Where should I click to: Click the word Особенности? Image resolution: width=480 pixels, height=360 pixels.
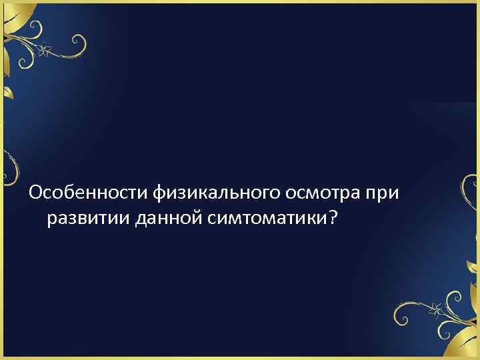(x=89, y=193)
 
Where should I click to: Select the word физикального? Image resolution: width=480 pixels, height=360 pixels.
(x=219, y=193)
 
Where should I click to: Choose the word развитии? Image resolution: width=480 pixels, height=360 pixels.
(x=89, y=219)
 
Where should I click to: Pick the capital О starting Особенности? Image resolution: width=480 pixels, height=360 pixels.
(x=35, y=193)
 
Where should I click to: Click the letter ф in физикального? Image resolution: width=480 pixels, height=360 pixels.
(x=160, y=194)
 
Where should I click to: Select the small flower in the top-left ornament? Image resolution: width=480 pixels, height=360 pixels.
(x=44, y=49)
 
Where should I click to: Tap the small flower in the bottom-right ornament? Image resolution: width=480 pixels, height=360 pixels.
(x=436, y=309)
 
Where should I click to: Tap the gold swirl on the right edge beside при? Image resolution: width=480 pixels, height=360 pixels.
(x=469, y=190)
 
